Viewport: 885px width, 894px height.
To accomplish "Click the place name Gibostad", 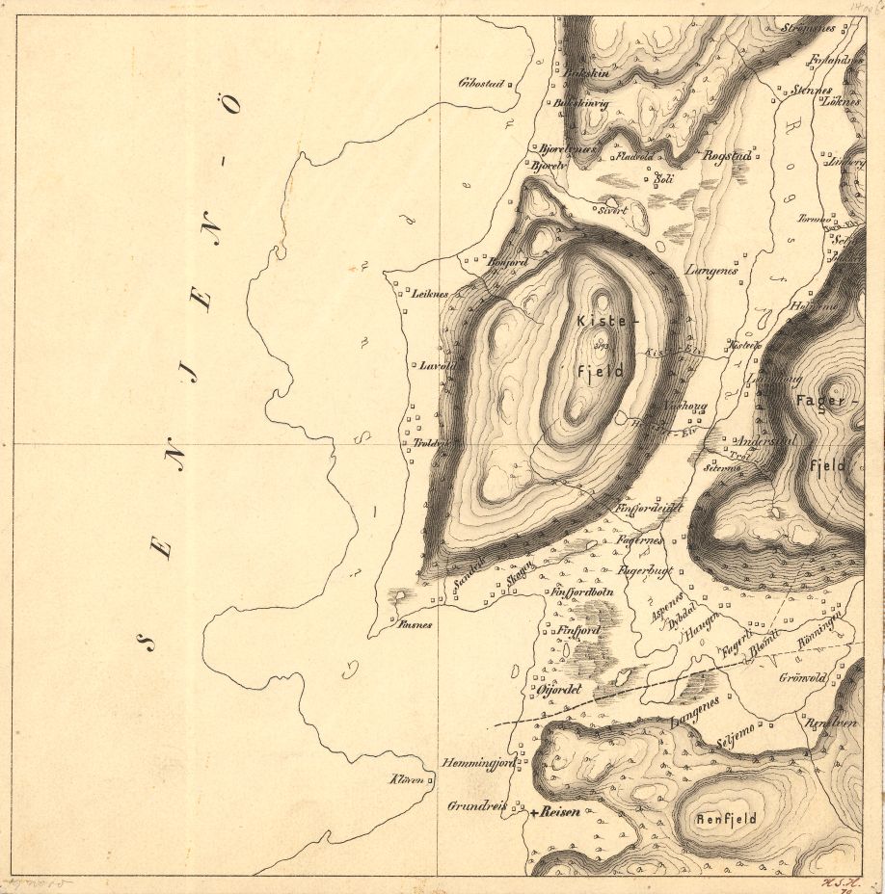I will [x=483, y=82].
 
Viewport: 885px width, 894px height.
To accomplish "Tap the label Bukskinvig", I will [x=581, y=104].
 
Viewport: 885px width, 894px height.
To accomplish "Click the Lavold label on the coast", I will [x=437, y=366].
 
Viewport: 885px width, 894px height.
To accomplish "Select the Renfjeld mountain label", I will [x=726, y=819].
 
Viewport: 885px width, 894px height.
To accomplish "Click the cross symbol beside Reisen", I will [x=532, y=812].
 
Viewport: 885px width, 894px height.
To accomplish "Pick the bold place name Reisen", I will [x=560, y=812].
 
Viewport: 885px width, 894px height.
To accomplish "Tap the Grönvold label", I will [x=802, y=677].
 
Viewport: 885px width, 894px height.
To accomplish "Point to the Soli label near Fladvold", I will [x=663, y=178].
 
